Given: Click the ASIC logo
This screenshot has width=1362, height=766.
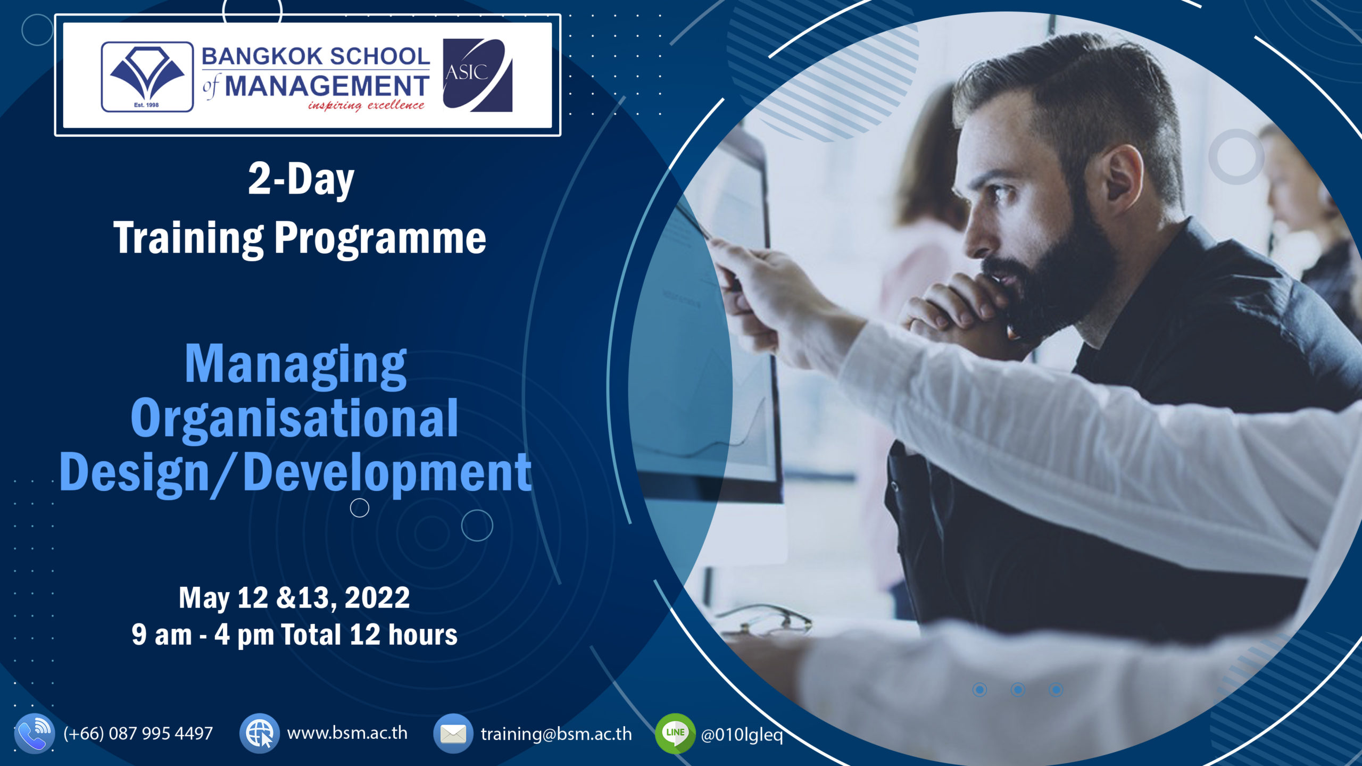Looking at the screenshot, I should [x=477, y=75].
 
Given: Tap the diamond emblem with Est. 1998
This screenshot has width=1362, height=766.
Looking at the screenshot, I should [x=147, y=77].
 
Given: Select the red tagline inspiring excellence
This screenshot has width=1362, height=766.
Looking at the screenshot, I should [x=366, y=105].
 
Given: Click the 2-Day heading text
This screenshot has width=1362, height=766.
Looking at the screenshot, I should [x=301, y=180].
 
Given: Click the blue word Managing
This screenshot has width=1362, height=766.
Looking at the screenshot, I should [x=295, y=364].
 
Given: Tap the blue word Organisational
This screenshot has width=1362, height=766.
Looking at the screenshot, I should [x=294, y=419].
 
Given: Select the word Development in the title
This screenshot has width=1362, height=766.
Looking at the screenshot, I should [x=387, y=472].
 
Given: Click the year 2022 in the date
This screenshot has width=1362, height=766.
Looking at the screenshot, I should [x=377, y=597].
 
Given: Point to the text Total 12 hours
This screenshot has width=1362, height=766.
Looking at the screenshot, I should [x=369, y=635].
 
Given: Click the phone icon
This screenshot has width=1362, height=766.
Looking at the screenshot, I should [x=34, y=734].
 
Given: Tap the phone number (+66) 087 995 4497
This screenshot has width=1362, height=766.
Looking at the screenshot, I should [x=138, y=734].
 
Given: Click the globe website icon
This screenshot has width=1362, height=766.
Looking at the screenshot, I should [x=260, y=734].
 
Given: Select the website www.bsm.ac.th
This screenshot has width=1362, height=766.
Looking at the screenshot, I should [x=347, y=733].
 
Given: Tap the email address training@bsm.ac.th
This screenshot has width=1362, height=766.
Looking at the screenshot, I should [x=556, y=734].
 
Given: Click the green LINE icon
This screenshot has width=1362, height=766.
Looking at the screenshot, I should [x=675, y=734].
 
